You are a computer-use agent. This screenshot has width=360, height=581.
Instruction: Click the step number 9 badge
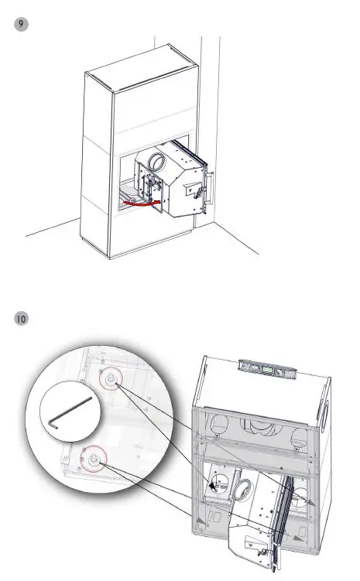[x=22, y=25]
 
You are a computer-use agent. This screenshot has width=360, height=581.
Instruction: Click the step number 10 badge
[x=22, y=318]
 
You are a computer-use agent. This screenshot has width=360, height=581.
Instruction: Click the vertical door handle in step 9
[x=209, y=190]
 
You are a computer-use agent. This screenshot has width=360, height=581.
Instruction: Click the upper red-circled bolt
[x=111, y=379]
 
